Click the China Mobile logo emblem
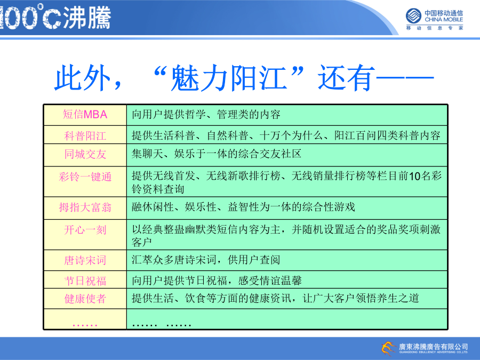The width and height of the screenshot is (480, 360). pyautogui.click(x=413, y=16)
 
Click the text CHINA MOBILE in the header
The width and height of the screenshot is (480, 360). pyautogui.click(x=444, y=20)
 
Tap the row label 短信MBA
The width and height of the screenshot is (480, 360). pyautogui.click(x=85, y=115)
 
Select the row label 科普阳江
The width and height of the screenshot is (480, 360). pyautogui.click(x=85, y=135)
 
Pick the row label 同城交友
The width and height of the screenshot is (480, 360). pyautogui.click(x=85, y=154)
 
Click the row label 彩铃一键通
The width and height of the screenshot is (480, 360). pyautogui.click(x=85, y=177)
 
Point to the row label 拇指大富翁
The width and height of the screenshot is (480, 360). pyautogui.click(x=85, y=207)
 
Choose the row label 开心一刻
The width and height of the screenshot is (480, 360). pyautogui.click(x=85, y=230)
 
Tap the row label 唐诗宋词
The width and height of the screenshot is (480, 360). pyautogui.click(x=85, y=260)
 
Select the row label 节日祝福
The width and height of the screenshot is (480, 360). pyautogui.click(x=85, y=281)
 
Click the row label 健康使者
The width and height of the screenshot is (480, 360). pyautogui.click(x=85, y=299)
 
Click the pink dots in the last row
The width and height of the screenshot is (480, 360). pyautogui.click(x=85, y=325)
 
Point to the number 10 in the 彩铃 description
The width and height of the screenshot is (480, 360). pyautogui.click(x=415, y=177)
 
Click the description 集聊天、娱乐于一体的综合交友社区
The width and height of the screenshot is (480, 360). pyautogui.click(x=217, y=154)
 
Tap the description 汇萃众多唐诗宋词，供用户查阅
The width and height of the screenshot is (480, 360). pyautogui.click(x=206, y=260)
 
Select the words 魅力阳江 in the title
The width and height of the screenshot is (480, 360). pyautogui.click(x=228, y=78)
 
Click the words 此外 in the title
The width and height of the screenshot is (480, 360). pyautogui.click(x=82, y=78)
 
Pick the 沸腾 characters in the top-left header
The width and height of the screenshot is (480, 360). pyautogui.click(x=87, y=18)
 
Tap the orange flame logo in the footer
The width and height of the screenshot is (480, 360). pyautogui.click(x=388, y=348)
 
